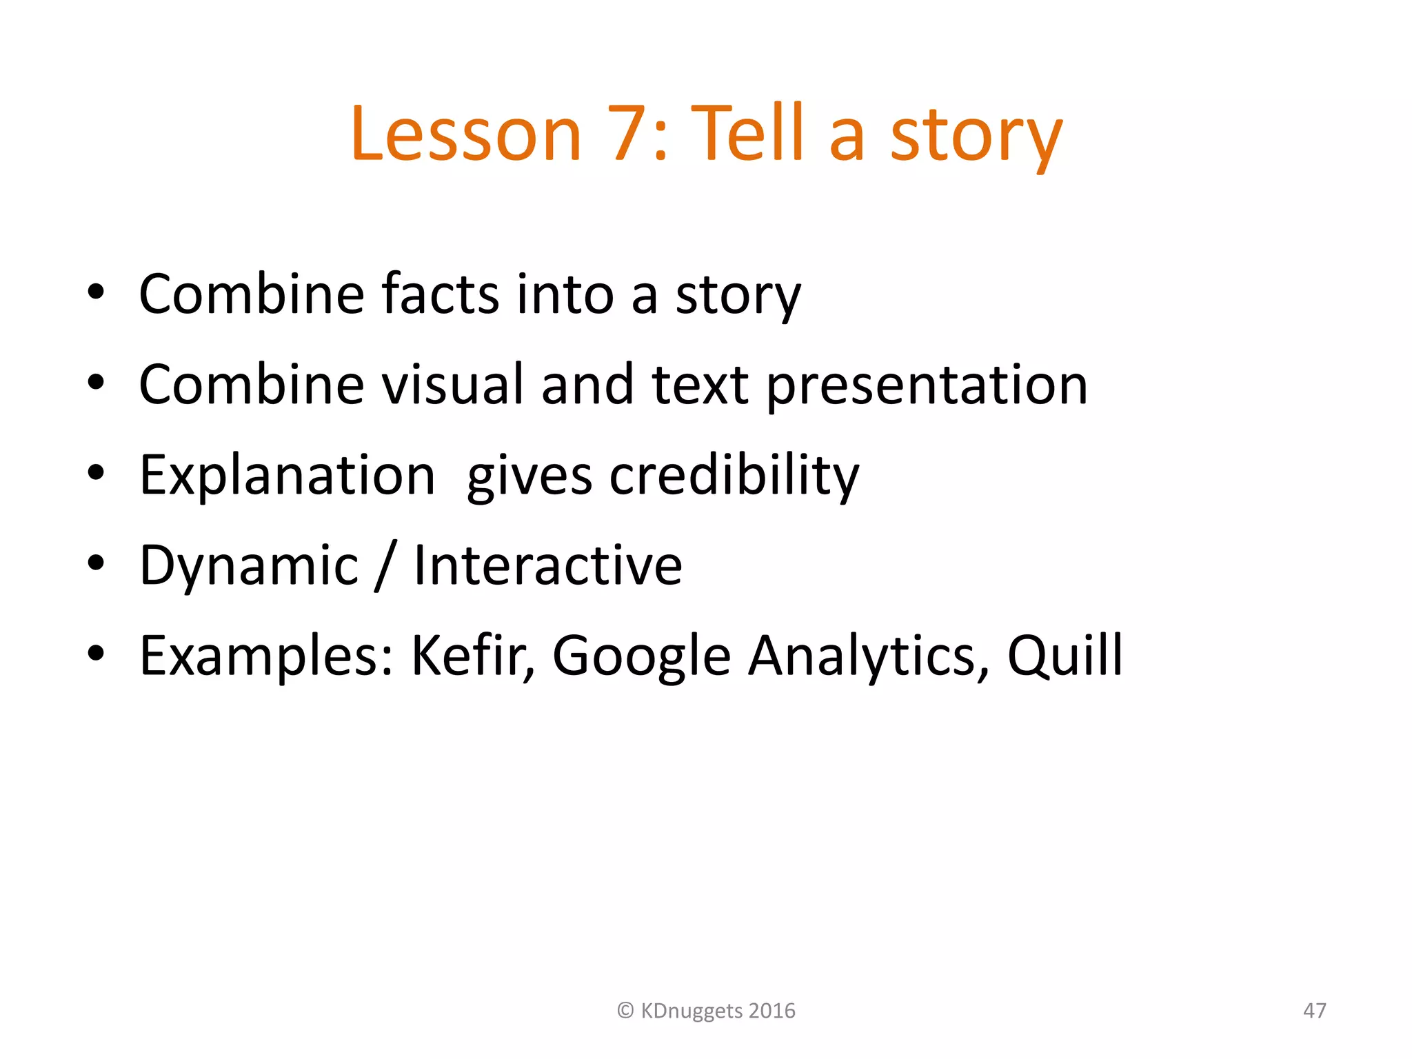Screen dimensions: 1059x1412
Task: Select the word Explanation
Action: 288,475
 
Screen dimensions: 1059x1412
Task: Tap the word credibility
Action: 734,475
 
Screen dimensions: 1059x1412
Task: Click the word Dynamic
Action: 249,565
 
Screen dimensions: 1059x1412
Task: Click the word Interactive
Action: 547,565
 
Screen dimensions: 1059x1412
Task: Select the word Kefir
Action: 473,656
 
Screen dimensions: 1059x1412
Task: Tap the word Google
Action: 641,656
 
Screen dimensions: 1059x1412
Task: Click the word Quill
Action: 1065,656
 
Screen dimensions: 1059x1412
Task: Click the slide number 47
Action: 1314,1011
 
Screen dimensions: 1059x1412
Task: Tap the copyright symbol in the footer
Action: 625,1011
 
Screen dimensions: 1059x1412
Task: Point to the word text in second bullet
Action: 699,385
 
